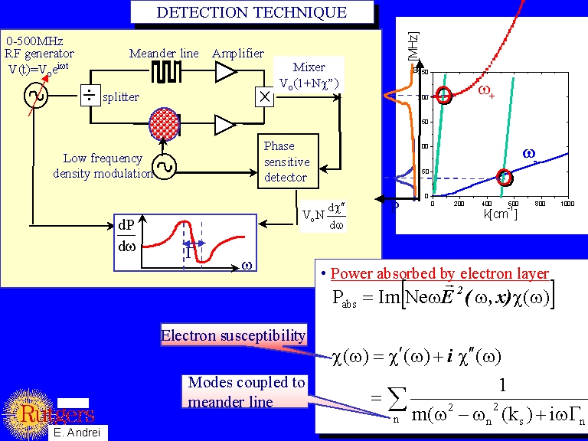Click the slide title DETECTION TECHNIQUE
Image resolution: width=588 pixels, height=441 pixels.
coord(251,12)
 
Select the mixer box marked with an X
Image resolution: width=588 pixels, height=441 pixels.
coord(265,96)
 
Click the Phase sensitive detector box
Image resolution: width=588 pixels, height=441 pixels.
coord(286,162)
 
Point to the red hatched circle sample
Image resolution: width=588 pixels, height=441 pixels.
coord(162,122)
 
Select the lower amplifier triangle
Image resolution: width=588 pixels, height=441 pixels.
coord(226,123)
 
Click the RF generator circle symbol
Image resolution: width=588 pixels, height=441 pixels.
coord(35,96)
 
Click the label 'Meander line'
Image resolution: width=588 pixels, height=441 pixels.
coord(164,53)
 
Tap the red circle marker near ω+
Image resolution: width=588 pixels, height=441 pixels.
coord(443,96)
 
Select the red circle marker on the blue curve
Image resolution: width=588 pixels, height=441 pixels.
coord(504,178)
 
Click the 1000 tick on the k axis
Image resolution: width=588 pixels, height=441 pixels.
coord(567,204)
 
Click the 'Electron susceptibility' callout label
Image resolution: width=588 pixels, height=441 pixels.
coord(234,335)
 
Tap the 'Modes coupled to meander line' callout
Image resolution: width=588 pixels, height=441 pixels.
coord(247,391)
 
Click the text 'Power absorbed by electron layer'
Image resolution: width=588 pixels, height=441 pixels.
coord(439,273)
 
